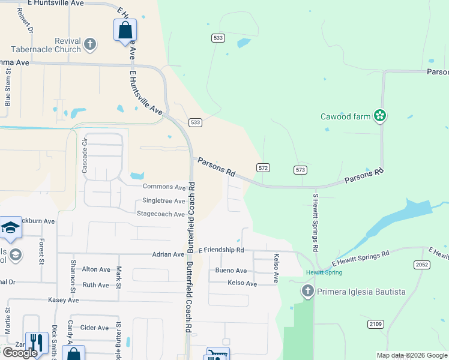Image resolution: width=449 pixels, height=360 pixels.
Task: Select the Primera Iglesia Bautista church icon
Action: click(307, 292)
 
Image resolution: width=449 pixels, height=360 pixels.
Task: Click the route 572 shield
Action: click(263, 168)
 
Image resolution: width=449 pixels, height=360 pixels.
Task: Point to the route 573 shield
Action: click(301, 170)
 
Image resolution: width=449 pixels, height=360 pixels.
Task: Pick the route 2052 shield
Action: click(422, 264)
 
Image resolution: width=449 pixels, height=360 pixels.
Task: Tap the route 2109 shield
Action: click(376, 324)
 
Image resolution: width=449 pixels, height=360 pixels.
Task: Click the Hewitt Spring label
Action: click(324, 272)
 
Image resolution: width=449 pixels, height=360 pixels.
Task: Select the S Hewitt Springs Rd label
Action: click(315, 222)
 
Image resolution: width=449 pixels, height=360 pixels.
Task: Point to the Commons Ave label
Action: click(164, 187)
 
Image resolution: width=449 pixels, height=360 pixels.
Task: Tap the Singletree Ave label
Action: click(163, 200)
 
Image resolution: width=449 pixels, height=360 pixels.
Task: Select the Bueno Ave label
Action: click(231, 271)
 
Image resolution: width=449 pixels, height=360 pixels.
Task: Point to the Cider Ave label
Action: click(94, 328)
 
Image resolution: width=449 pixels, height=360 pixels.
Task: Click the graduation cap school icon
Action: click(10, 227)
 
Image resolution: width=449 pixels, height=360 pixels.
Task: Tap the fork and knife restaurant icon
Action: click(37, 343)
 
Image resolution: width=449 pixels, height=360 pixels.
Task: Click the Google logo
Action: click(20, 353)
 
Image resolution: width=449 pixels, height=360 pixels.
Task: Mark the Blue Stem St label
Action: click(8, 88)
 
